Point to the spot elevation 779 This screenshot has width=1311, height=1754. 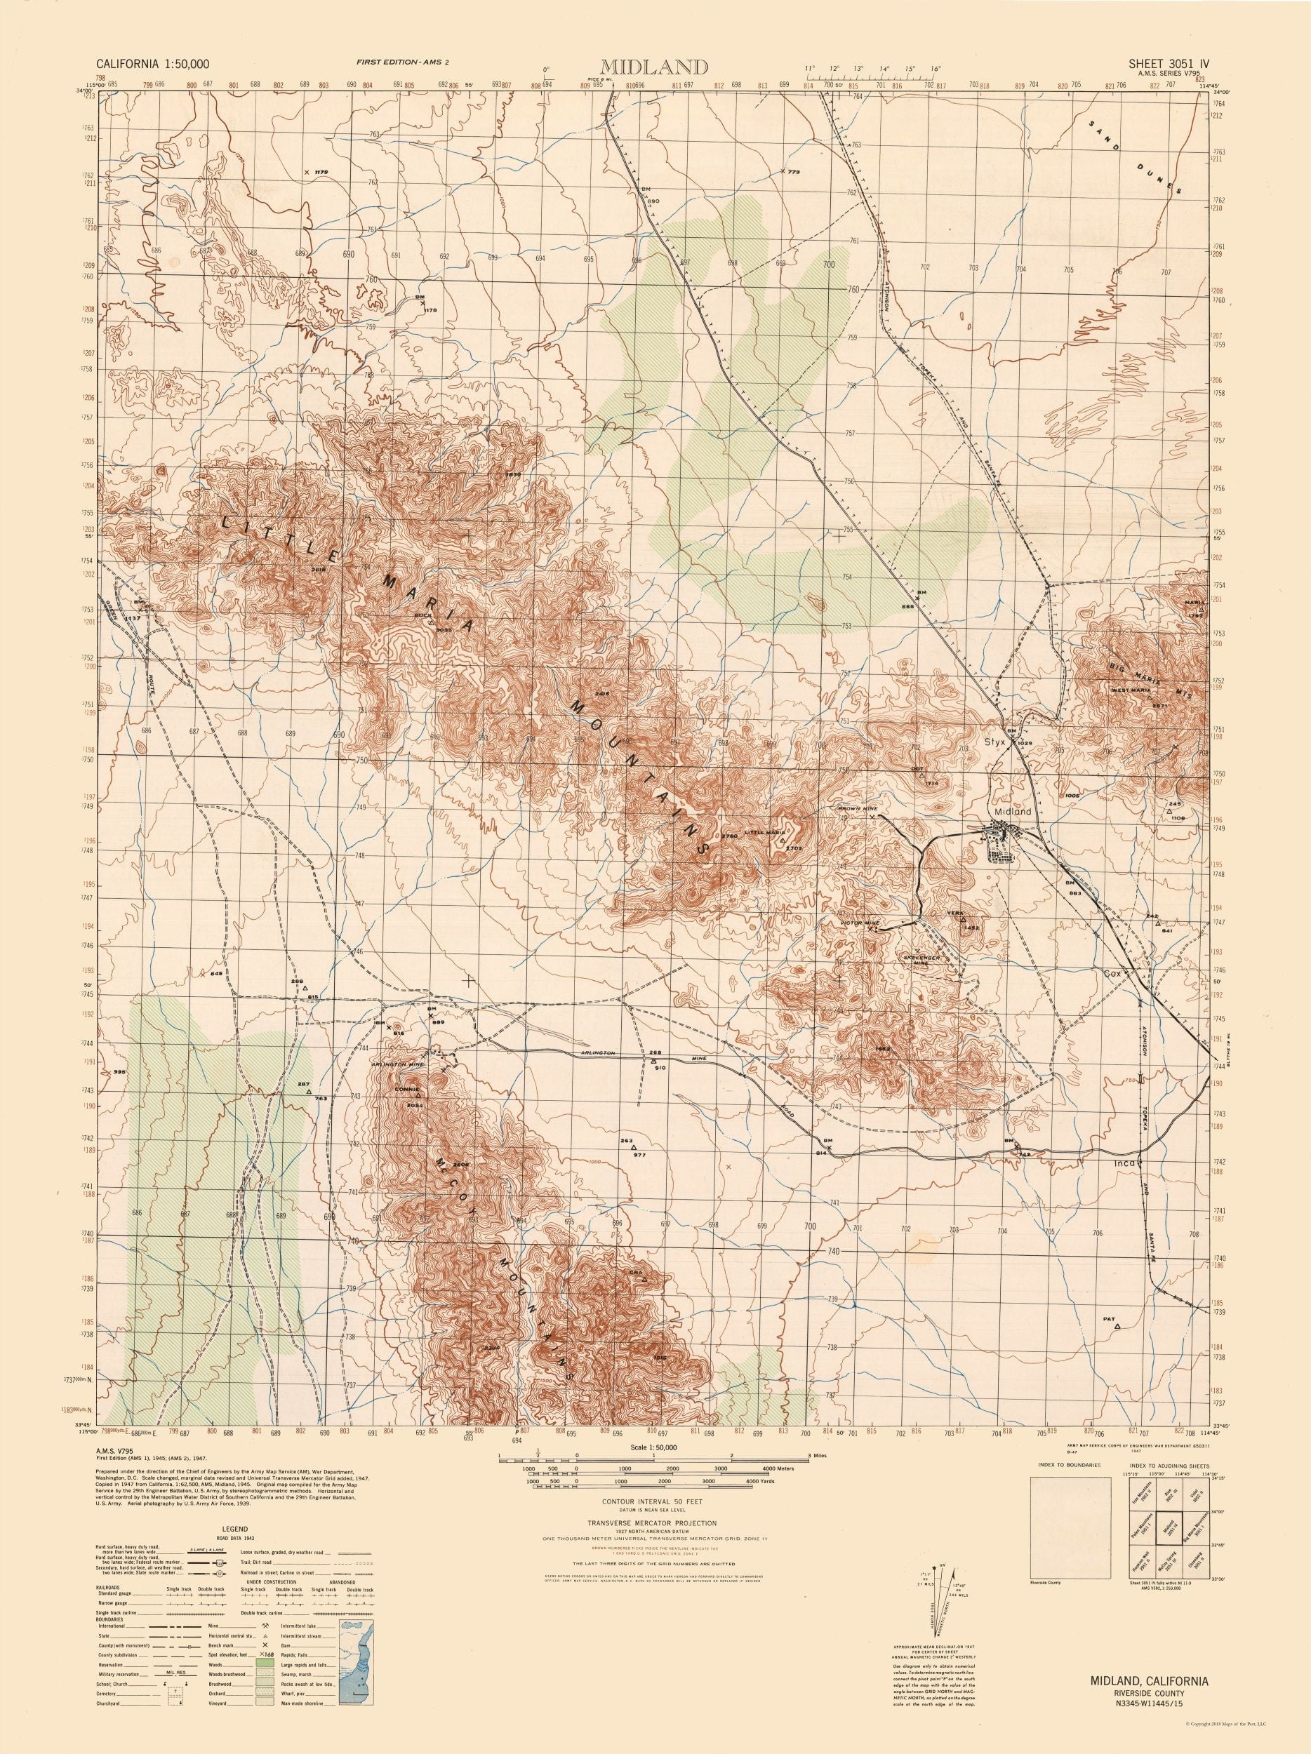[x=790, y=171]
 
